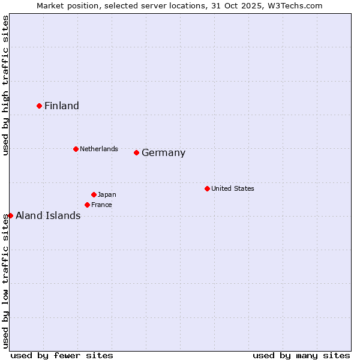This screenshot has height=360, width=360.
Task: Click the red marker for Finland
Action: tap(40, 106)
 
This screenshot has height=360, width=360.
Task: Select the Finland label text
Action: tap(62, 106)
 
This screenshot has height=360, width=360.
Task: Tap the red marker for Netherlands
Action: tap(76, 149)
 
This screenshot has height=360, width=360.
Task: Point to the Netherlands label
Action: tap(99, 149)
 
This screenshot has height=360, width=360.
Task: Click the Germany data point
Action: tap(137, 152)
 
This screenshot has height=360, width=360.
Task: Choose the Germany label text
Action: tap(163, 153)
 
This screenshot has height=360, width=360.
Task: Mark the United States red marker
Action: tap(207, 188)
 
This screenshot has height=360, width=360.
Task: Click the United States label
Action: tap(233, 188)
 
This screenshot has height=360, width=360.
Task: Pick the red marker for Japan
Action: tap(94, 194)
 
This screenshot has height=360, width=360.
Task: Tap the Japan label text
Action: tap(107, 194)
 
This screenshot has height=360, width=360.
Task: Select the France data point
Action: tap(88, 205)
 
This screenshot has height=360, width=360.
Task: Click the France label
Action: tap(102, 205)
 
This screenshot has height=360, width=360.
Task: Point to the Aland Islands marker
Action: tap(10, 215)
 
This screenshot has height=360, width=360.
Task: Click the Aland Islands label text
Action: tap(48, 216)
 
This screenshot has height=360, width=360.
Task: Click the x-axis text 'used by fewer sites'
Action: tap(62, 355)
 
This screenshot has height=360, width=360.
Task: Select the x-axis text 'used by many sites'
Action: tap(301, 355)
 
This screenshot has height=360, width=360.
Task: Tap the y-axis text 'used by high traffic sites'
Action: tap(5, 85)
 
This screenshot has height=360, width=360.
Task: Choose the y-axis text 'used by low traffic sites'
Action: tap(5, 281)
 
